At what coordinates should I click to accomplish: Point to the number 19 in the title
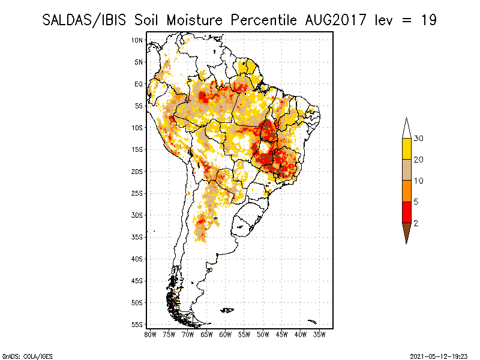(x=428, y=20)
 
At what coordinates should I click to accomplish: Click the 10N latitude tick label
(x=137, y=40)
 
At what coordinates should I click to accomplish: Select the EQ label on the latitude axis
(x=139, y=84)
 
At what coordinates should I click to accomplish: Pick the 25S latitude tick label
(x=137, y=193)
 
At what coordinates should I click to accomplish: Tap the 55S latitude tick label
(x=137, y=325)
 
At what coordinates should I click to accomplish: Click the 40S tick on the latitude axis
(x=137, y=259)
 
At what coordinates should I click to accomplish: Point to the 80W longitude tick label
(x=150, y=334)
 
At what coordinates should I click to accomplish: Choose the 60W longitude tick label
(x=225, y=334)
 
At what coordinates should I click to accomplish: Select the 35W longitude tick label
(x=319, y=334)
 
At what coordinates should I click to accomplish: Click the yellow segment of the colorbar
(x=406, y=149)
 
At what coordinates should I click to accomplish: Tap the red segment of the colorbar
(x=406, y=212)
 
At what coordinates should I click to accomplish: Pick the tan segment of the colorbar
(x=406, y=170)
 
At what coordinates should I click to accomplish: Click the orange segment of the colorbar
(x=406, y=191)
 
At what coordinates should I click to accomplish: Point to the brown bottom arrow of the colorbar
(x=406, y=232)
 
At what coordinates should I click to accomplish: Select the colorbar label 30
(x=418, y=139)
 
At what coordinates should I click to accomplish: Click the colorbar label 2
(x=416, y=223)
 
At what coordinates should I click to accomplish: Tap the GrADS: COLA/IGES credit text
(x=20, y=355)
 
